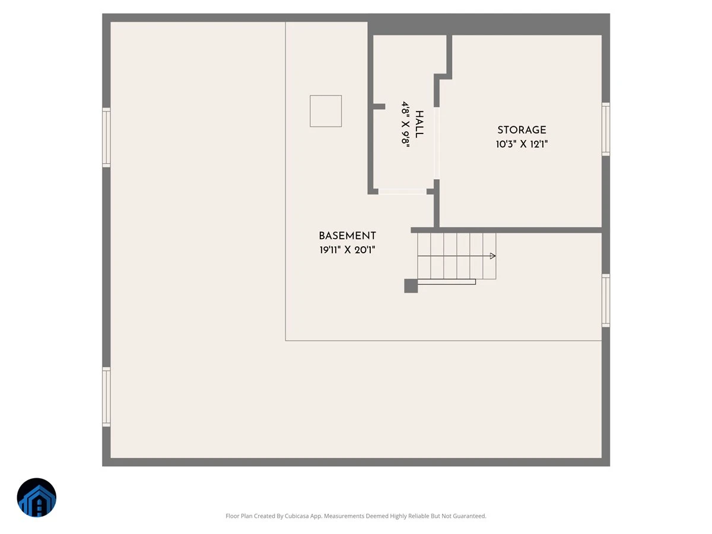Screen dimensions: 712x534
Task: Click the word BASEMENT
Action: pos(347,236)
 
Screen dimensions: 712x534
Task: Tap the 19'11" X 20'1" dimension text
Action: pos(347,250)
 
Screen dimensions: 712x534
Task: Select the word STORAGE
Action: pos(522,130)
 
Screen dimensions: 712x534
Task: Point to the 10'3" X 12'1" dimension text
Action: pos(522,144)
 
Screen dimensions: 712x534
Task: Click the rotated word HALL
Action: pos(419,124)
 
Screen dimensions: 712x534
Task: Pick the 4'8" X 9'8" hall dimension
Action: pos(405,124)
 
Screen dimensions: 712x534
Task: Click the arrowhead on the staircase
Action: pos(492,256)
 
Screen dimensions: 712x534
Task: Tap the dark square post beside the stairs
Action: pos(411,286)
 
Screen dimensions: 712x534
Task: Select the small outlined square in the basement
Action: pos(326,111)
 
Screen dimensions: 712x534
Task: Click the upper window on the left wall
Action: pos(106,138)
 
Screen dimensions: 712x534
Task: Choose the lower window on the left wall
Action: pos(106,397)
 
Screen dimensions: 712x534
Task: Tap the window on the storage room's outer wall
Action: pos(606,129)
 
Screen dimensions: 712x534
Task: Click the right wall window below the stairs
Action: pos(606,301)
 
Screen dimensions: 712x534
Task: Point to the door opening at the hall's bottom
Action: pos(402,192)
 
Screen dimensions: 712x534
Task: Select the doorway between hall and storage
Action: pos(437,144)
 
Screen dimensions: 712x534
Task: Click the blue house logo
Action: pos(37,497)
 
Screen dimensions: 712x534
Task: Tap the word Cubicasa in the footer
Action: pos(297,516)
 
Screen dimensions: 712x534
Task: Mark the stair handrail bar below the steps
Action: pos(447,282)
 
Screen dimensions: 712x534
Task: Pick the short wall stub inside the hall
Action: pos(379,106)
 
